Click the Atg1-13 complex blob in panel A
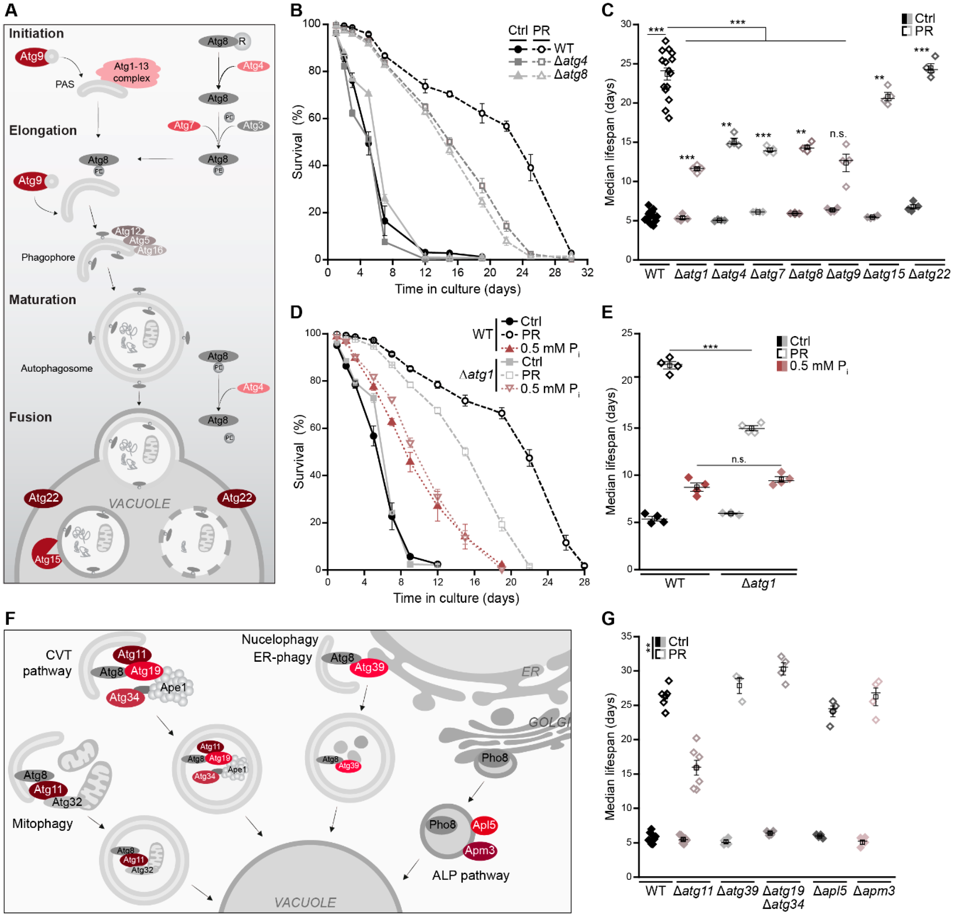131,72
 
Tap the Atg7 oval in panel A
184,126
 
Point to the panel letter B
296,11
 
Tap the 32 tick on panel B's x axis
587,272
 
